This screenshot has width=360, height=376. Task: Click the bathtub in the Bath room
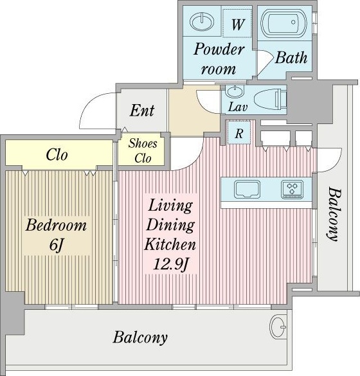pyautogui.click(x=283, y=23)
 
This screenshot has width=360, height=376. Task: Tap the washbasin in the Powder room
pyautogui.click(x=202, y=22)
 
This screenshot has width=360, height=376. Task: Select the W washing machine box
pyautogui.click(x=237, y=23)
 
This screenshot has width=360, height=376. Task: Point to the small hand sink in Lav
pyautogui.click(x=235, y=91)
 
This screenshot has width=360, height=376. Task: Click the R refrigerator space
pyautogui.click(x=239, y=132)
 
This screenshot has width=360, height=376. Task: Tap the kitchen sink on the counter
pyautogui.click(x=248, y=189)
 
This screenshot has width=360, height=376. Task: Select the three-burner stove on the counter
pyautogui.click(x=292, y=190)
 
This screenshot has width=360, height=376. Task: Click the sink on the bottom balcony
pyautogui.click(x=278, y=327)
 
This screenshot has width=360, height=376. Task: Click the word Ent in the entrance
pyautogui.click(x=142, y=111)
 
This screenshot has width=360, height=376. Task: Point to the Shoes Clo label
pyautogui.click(x=143, y=151)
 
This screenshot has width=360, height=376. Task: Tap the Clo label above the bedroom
pyautogui.click(x=57, y=155)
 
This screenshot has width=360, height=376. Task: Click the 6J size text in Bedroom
pyautogui.click(x=57, y=245)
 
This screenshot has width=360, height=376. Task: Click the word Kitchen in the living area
pyautogui.click(x=170, y=244)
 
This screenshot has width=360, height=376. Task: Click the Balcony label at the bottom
pyautogui.click(x=140, y=337)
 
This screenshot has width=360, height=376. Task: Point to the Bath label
pyautogui.click(x=291, y=58)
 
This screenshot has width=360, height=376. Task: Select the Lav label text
pyautogui.click(x=238, y=107)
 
